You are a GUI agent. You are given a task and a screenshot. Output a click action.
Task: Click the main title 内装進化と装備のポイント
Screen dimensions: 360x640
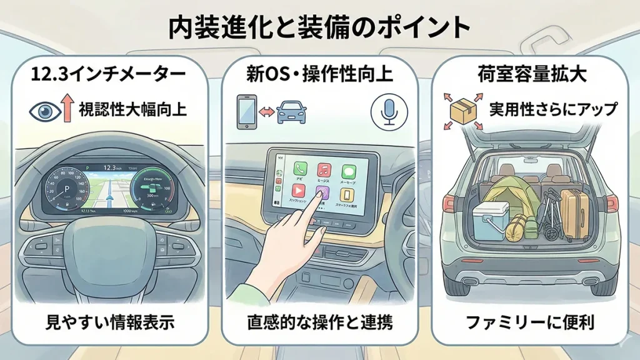click(x=319, y=27)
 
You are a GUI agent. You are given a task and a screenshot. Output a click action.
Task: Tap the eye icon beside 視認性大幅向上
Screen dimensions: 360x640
click(x=44, y=111)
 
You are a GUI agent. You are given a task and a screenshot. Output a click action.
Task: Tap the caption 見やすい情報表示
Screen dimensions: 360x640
click(x=109, y=322)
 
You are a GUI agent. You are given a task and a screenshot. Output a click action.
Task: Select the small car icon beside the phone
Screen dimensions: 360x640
click(x=291, y=112)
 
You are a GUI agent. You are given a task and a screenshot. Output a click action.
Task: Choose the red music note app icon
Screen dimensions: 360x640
click(x=324, y=169)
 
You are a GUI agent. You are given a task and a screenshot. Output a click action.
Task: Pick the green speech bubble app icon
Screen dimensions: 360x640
click(x=347, y=169)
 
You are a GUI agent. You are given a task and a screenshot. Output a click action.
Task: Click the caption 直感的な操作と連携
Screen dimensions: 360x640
click(x=319, y=322)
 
